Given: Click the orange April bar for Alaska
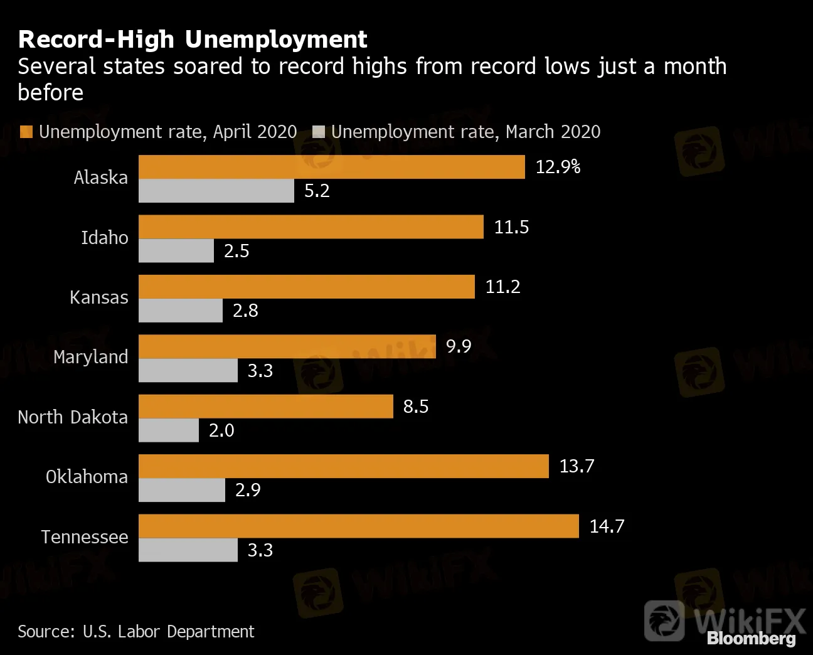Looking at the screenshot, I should tap(331, 167).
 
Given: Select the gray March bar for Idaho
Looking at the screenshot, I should tap(176, 251).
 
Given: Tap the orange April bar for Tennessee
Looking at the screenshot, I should tap(358, 526).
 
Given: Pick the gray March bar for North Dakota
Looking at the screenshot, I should tap(169, 430).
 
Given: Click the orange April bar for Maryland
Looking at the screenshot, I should tap(287, 346).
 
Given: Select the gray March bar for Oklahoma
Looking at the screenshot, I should tap(182, 490).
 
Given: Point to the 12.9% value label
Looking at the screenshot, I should tap(558, 167).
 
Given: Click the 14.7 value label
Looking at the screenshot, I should tap(607, 526).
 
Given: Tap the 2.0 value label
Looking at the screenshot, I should tap(221, 430).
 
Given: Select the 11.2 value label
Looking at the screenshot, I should tap(502, 287).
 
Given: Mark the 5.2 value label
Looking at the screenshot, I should tap(317, 191).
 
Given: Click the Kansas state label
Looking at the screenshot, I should tap(99, 297).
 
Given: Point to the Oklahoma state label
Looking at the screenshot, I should tap(87, 477).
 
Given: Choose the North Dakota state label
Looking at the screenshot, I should tap(73, 417).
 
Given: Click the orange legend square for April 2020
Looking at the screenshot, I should tap(26, 132).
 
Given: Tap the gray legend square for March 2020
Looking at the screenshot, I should tap(319, 132).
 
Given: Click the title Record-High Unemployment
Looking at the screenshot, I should tap(193, 40).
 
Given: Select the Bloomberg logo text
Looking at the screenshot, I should tap(751, 638).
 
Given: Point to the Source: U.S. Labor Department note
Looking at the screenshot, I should tap(136, 631).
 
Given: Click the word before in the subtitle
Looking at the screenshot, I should tap(50, 93).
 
